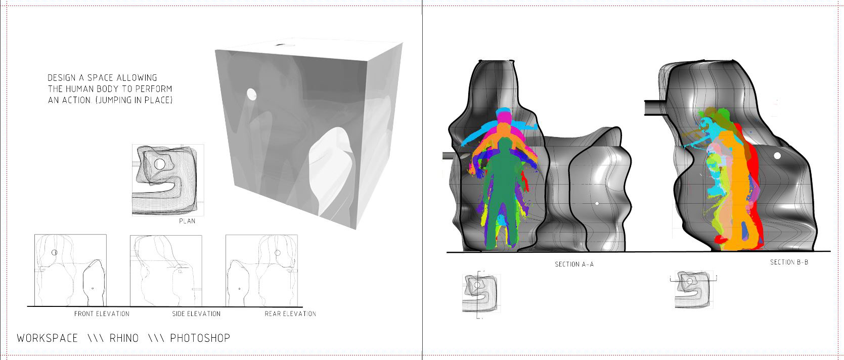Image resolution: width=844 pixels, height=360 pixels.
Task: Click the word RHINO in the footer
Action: click(124, 338)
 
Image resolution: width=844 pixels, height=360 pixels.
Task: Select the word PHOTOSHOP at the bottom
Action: click(200, 338)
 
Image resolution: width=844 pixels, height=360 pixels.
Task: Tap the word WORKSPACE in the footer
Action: click(48, 338)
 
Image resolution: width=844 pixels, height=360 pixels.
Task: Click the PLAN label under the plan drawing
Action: click(187, 221)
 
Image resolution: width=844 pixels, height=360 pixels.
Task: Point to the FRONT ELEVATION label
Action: click(102, 313)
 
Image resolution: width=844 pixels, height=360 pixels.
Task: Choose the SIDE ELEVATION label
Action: click(196, 313)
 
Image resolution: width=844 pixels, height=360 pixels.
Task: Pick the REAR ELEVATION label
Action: click(290, 313)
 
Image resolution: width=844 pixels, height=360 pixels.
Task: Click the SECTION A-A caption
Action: click(574, 264)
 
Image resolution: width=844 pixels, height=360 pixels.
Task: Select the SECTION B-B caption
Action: click(789, 262)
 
